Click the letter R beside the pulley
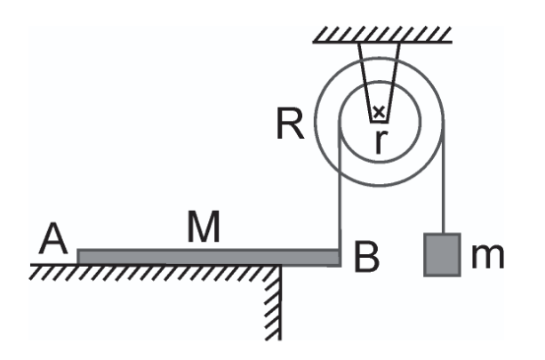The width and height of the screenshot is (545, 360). point(290,124)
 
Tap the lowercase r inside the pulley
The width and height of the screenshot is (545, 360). point(381,141)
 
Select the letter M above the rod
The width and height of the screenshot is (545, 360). point(204,226)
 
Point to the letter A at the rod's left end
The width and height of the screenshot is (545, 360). point(52,238)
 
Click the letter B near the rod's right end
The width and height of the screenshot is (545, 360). point(366,256)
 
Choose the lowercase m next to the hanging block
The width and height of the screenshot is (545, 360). point(487,257)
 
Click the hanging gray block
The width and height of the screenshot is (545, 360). point(442,255)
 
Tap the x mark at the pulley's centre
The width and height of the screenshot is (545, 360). point(379,112)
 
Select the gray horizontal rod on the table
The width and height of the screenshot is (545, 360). point(209,258)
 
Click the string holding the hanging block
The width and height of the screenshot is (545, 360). point(443,177)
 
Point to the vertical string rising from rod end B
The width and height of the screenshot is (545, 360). point(340,185)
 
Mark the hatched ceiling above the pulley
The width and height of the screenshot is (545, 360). point(382,35)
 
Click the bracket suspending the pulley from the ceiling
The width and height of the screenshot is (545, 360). point(379,83)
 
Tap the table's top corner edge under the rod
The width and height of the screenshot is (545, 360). point(280,266)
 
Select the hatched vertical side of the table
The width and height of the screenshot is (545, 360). point(274,303)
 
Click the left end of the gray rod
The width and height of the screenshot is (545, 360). point(78,258)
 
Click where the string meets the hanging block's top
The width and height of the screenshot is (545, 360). point(443,234)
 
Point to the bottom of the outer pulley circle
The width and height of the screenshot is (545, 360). point(380,186)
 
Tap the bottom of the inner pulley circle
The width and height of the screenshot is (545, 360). point(381,162)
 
